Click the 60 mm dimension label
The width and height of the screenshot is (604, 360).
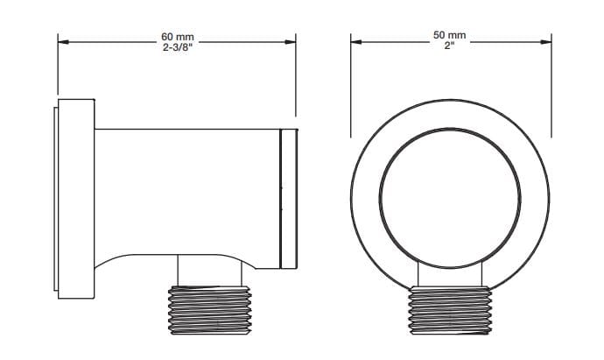[178, 37]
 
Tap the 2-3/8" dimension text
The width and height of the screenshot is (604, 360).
[178, 48]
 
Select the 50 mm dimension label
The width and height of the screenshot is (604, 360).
[450, 35]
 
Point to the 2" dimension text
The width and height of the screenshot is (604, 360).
[450, 46]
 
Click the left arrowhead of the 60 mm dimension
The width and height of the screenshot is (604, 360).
[63, 42]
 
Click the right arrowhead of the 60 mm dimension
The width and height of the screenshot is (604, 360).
[290, 42]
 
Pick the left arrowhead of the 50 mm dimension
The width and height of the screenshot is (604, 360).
[356, 42]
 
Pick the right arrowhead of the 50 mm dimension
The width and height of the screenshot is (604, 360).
[546, 42]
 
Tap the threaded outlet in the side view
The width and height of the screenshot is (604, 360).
[210, 310]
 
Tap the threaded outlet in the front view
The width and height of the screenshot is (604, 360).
[450, 310]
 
